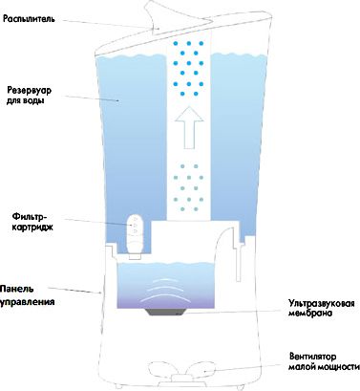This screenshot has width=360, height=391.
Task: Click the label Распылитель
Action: (29, 19)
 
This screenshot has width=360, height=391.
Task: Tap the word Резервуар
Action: (29, 90)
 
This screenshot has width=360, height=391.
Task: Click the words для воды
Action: (26, 101)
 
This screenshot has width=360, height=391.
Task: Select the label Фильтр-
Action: (30, 217)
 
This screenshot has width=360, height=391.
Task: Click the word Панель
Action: (16, 289)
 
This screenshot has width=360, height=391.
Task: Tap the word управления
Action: (27, 302)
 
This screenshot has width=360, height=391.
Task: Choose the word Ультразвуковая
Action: (322, 302)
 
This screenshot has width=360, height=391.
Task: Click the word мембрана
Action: (310, 313)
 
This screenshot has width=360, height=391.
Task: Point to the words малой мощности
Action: (324, 367)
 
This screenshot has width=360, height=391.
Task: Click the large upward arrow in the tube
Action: (189, 127)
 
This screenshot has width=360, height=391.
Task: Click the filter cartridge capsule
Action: (135, 235)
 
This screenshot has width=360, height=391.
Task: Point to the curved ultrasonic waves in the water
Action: (163, 289)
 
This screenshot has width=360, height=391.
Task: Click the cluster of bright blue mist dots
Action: (189, 68)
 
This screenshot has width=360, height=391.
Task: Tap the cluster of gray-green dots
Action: (189, 188)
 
